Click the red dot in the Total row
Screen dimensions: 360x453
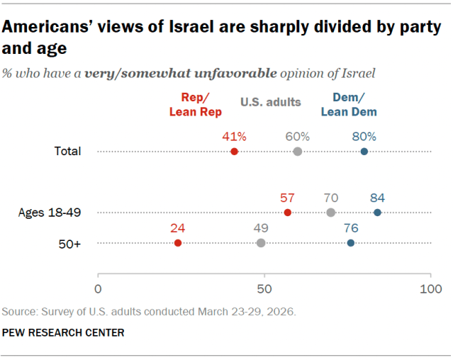[x=235, y=152]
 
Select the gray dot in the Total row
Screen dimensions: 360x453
[x=298, y=152]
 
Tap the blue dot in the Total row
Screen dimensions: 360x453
[x=364, y=152]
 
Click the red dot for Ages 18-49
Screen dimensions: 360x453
[x=288, y=213]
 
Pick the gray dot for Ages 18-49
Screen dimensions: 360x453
[x=331, y=213]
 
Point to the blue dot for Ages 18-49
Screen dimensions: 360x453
[x=377, y=213]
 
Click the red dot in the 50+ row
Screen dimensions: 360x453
[x=178, y=243]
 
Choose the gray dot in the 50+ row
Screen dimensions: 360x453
[x=261, y=243]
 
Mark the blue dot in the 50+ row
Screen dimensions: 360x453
[x=351, y=243]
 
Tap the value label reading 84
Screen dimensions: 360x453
[x=377, y=198]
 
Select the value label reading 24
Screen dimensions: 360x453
[x=178, y=228]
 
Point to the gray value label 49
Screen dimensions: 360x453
[x=261, y=228]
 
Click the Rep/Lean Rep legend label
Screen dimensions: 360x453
[x=195, y=106]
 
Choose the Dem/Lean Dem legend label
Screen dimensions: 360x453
[x=348, y=106]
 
